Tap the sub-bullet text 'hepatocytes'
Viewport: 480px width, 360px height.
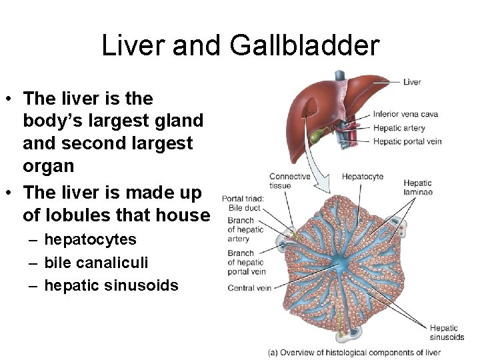pyautogui.click(x=90, y=240)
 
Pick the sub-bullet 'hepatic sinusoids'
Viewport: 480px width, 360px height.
pyautogui.click(x=111, y=285)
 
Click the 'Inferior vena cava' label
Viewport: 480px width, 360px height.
pyautogui.click(x=405, y=114)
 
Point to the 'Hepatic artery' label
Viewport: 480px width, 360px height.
pyautogui.click(x=399, y=128)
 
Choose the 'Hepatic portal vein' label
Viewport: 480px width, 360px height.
pyautogui.click(x=407, y=141)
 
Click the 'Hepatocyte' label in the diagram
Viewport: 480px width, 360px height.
pyautogui.click(x=363, y=177)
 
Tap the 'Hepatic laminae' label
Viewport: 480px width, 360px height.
pyautogui.click(x=418, y=187)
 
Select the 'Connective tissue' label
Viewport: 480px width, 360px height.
pyautogui.click(x=289, y=181)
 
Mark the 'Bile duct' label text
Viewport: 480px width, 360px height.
pyautogui.click(x=244, y=209)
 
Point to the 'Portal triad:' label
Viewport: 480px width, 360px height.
pyautogui.click(x=243, y=198)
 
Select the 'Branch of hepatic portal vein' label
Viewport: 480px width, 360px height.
pyautogui.click(x=247, y=263)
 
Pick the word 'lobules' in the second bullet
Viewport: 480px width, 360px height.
pyautogui.click(x=73, y=215)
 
